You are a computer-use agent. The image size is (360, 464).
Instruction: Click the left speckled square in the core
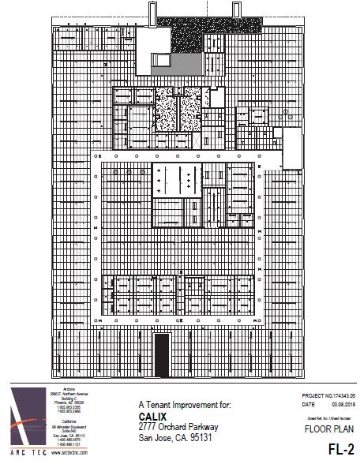click(x=164, y=111)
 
